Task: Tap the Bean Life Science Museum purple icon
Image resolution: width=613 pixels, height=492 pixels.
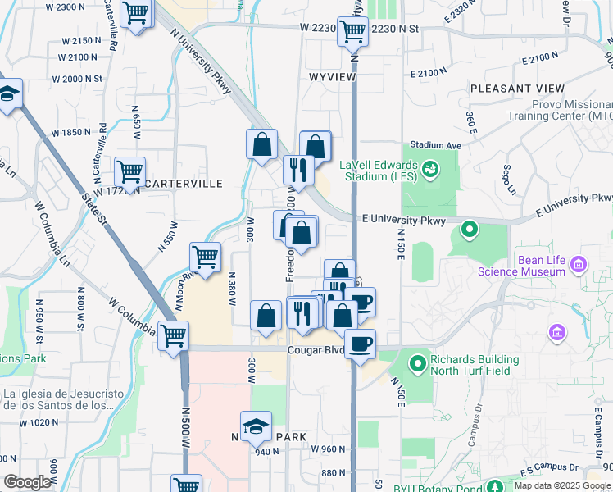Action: coord(579,264)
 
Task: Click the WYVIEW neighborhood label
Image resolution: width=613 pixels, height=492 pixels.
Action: coord(333,76)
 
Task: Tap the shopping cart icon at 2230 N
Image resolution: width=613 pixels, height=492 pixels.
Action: coord(352,30)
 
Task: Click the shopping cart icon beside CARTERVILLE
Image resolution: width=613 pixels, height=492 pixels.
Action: coord(130,171)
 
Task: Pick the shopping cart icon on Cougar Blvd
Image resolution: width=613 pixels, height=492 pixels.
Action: coord(173,335)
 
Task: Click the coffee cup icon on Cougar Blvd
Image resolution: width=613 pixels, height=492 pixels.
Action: coord(359,343)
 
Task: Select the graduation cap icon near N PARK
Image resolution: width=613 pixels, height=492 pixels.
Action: coord(257,426)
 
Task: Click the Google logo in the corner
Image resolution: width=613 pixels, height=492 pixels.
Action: coord(27,482)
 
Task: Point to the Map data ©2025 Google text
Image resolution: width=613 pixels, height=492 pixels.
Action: coord(562,485)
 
